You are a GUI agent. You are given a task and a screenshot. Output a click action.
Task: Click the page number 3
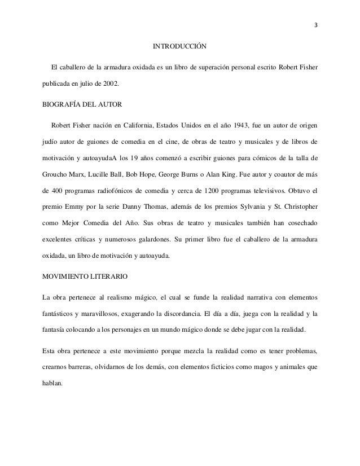pos(315,24)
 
